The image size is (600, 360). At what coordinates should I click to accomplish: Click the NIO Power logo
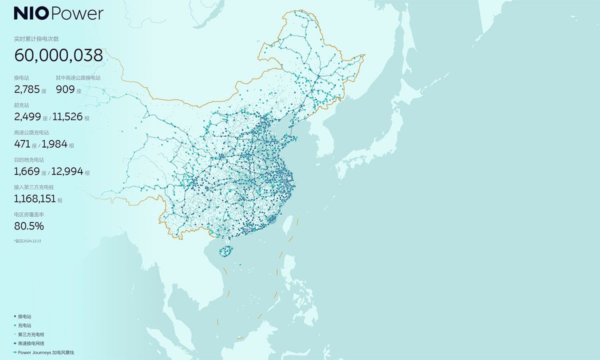pyautogui.click(x=58, y=14)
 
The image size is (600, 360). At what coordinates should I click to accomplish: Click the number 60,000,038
pyautogui.click(x=58, y=55)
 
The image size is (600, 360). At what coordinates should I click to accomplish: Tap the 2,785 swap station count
pyautogui.click(x=27, y=89)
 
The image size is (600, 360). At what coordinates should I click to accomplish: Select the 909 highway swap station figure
pyautogui.click(x=65, y=89)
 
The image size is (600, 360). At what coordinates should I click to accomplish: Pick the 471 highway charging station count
pyautogui.click(x=22, y=144)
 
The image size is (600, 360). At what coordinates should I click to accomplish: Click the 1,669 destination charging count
pyautogui.click(x=27, y=172)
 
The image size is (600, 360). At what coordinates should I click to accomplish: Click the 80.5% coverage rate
pyautogui.click(x=29, y=226)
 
